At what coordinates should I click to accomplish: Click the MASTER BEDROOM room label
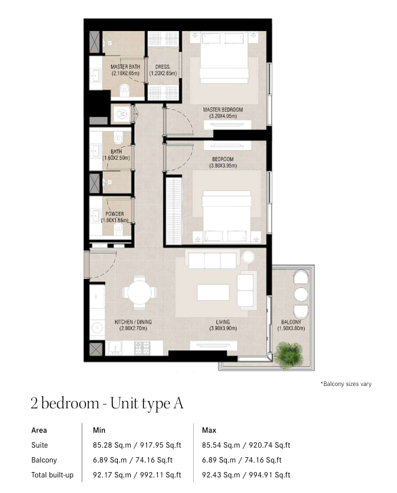coord(223,110)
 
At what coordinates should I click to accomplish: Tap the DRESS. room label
coord(163,67)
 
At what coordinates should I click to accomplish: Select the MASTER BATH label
coord(125,66)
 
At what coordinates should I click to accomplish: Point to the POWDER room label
coord(114,214)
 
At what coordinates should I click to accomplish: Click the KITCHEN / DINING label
coord(133,322)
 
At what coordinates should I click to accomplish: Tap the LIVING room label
coord(223,322)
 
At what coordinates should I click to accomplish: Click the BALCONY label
coord(291,322)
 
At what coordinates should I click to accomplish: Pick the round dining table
coord(140,293)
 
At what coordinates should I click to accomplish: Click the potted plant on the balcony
coord(289,355)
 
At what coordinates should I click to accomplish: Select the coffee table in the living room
coord(213,293)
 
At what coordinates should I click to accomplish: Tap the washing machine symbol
coord(121,114)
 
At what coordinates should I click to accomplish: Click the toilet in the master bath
coord(125,90)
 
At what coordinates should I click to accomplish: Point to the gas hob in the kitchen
coord(142,348)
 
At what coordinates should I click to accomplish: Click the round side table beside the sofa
coord(248,257)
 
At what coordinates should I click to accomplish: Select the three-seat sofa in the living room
coord(212,260)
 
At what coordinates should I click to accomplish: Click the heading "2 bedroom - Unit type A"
coord(107,404)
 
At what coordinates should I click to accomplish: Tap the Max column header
coord(209,430)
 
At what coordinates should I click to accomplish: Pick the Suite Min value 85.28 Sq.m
coord(112,445)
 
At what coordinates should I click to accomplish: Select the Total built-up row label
coord(52,475)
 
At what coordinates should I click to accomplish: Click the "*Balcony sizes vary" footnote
coord(346,384)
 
